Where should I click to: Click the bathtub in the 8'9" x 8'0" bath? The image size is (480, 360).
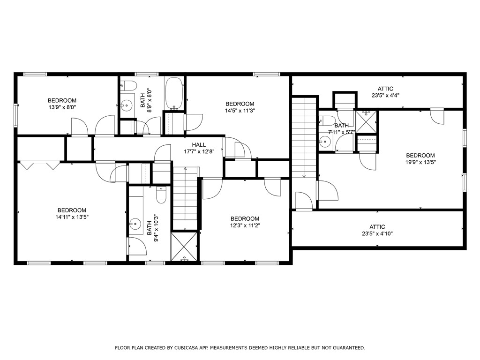174,94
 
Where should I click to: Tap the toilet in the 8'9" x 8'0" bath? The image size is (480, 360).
128,85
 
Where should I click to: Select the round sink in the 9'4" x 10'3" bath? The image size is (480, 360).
135,225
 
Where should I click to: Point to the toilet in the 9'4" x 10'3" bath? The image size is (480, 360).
161,195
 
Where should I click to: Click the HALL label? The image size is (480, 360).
199,145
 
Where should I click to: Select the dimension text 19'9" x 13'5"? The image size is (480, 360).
420,162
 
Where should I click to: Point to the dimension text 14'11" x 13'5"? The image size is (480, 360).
72,217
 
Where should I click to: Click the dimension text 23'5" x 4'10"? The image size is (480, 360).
377,233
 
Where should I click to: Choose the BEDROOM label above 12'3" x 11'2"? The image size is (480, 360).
245,218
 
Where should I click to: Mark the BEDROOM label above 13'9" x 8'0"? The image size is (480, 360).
62,100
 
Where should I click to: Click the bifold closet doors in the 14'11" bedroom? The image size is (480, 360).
39,165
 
